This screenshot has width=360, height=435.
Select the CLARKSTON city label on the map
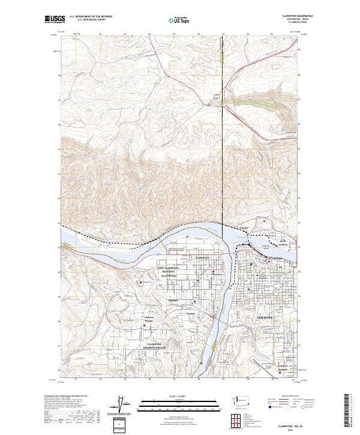202,257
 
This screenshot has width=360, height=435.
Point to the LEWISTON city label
265,316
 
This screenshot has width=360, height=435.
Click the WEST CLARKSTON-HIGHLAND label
169,270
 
